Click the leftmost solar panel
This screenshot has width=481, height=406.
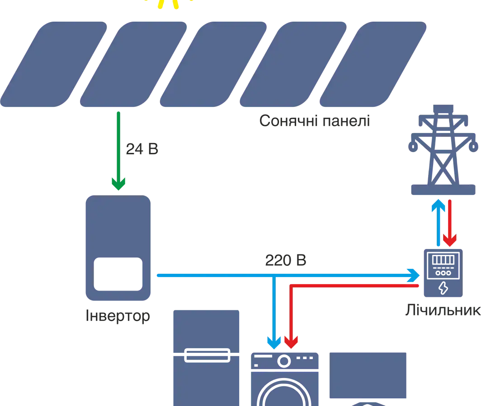pos(54,63)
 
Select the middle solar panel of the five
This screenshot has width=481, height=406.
pos(213,63)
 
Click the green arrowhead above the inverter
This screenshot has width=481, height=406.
pos(118,183)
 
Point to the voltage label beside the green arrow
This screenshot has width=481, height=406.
pos(141,148)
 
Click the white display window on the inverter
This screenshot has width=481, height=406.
pos(117,274)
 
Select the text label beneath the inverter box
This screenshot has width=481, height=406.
pos(117,315)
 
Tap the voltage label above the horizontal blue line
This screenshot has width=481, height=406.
pos(285,260)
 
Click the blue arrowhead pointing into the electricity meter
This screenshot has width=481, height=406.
pos(412,274)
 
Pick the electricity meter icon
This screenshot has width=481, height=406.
pos(443,272)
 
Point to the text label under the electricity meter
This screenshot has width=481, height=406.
pos(443,311)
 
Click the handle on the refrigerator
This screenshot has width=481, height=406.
pos(208,355)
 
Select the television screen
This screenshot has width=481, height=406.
pos(369,375)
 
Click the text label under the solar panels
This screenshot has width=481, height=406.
pos(314,120)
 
